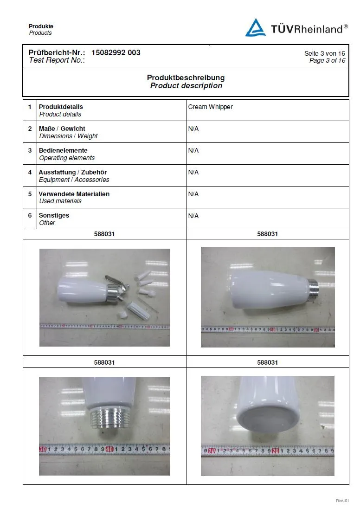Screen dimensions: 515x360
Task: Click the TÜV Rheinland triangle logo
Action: tap(256, 27)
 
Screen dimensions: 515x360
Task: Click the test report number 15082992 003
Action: tap(116, 52)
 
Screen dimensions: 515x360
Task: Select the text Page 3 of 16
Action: tap(327, 60)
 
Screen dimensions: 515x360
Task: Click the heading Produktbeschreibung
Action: tap(186, 77)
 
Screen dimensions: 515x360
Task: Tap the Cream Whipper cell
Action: tap(210, 107)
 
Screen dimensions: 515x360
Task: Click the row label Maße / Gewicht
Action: tap(62, 129)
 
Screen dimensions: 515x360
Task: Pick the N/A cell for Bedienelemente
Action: tap(193, 150)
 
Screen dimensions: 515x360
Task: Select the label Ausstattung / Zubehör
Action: tap(72, 172)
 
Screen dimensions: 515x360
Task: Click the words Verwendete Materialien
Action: tap(74, 194)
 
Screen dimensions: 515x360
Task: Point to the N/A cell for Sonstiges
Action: tap(193, 216)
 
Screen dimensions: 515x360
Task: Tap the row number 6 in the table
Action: tap(30, 216)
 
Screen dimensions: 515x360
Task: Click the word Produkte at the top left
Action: tap(41, 26)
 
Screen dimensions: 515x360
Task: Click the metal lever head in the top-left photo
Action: tap(113, 282)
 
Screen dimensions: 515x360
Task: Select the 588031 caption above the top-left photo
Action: tap(104, 234)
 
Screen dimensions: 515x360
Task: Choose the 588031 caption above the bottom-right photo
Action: tap(267, 362)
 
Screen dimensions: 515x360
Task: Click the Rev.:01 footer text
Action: tap(342, 501)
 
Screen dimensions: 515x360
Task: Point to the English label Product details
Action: tap(60, 114)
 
